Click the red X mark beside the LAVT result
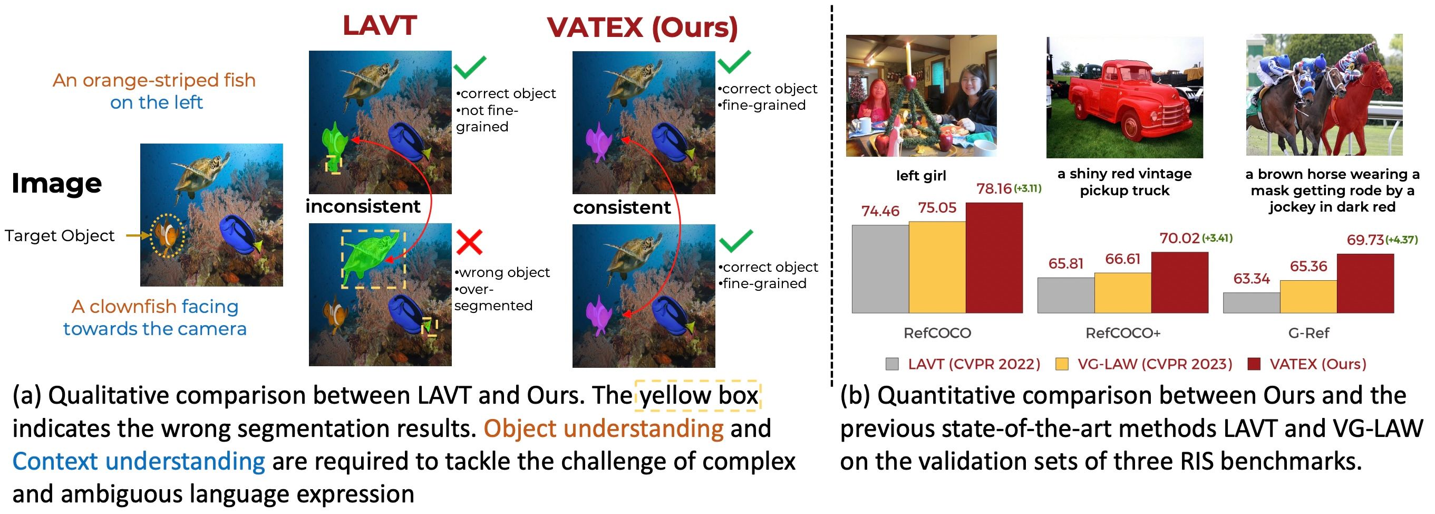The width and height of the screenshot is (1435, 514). (469, 241)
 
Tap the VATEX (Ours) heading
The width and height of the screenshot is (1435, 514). (642, 28)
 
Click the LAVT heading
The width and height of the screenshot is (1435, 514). (380, 26)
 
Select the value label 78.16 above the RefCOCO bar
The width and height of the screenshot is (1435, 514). (994, 188)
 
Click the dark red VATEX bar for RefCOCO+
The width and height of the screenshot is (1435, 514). (1180, 282)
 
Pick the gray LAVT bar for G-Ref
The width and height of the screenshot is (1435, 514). (1251, 303)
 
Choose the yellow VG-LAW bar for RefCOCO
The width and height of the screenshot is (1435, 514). (937, 267)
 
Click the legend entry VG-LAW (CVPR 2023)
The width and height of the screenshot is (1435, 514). (1144, 364)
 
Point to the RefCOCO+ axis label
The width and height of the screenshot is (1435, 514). (1123, 333)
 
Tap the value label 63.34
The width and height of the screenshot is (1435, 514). (1252, 278)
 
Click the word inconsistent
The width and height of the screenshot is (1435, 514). (363, 206)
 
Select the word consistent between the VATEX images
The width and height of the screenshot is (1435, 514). (622, 207)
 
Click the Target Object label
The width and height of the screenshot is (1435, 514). (60, 235)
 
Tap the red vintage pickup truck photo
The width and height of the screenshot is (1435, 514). (1124, 98)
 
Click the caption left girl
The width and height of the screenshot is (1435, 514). (921, 176)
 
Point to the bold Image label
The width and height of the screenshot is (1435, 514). (57, 184)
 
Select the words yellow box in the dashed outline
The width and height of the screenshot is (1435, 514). (699, 395)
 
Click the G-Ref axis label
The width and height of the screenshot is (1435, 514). (1308, 333)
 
